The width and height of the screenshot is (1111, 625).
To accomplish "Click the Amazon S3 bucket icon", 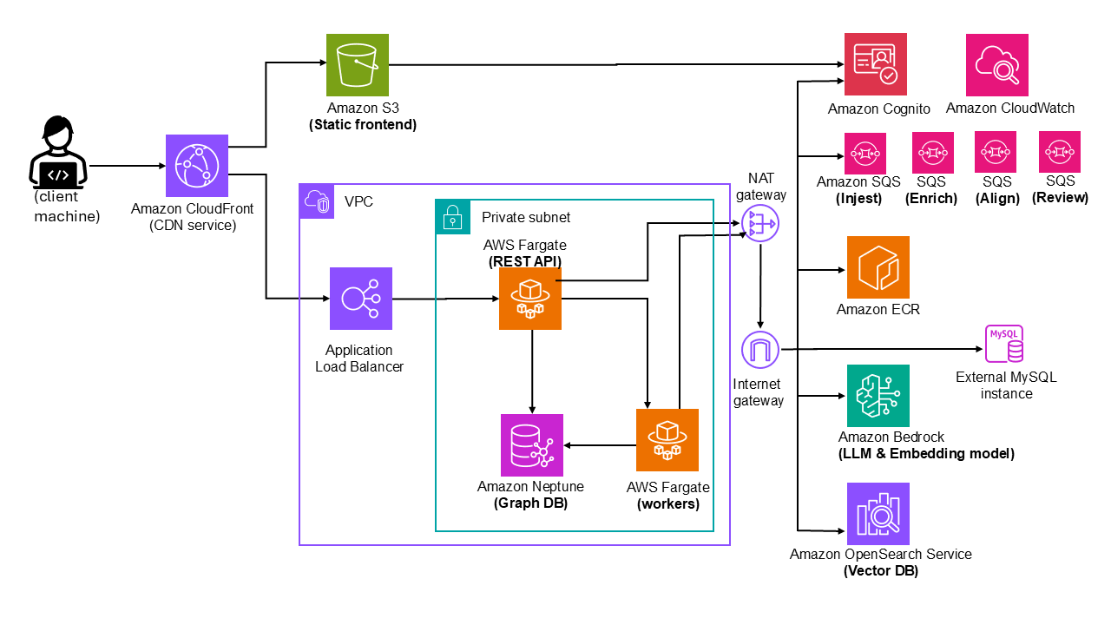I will tap(358, 65).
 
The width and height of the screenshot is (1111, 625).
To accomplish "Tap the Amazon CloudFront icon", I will tap(197, 166).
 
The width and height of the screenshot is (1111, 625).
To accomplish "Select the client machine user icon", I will tap(58, 156).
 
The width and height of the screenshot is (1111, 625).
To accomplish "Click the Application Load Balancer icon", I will tap(361, 299).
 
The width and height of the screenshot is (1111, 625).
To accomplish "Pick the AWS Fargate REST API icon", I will tap(530, 299).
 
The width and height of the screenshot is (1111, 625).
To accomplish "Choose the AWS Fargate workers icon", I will tap(667, 440).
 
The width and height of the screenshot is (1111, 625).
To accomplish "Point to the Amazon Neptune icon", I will tap(532, 445).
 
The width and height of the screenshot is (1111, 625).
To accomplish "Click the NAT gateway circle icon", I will tap(761, 224).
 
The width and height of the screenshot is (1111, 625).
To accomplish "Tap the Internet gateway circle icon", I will tap(760, 350).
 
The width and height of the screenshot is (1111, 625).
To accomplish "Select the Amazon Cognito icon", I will tap(876, 64).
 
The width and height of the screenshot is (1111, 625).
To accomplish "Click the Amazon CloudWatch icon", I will tap(997, 65).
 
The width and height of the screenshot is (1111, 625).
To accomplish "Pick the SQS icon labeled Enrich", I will tap(933, 153).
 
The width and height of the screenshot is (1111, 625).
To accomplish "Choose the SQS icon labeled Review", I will tap(1060, 152).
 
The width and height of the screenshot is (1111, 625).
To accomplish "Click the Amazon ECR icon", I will tap(878, 267).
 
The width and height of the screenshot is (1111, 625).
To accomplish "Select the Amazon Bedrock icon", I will tap(878, 396).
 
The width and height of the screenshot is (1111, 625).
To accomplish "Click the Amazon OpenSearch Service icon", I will tap(878, 514).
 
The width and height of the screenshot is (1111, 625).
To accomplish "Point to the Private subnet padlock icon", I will tap(452, 217).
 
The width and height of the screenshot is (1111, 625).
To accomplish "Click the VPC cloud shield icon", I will tap(317, 201).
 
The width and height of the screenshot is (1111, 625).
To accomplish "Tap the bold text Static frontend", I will tap(363, 125).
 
